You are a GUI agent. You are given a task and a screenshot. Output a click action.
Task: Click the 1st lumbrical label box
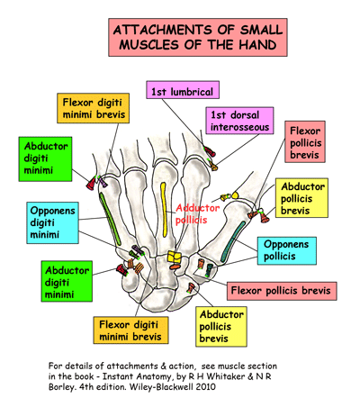183,92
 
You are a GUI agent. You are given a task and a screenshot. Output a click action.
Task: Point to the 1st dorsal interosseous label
239,122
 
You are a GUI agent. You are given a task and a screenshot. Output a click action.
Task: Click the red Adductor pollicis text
192,213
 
